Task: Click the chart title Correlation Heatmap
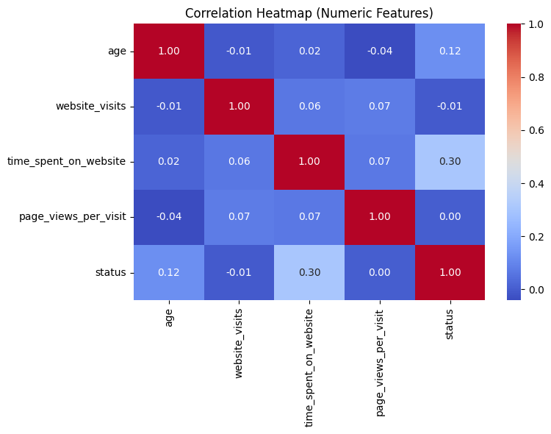[309, 13]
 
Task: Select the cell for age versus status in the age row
[450, 51]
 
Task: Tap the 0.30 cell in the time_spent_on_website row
[450, 162]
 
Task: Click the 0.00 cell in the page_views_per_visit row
[450, 217]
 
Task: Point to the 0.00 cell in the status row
[379, 272]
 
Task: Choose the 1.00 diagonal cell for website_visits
[239, 107]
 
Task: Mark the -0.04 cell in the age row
[379, 51]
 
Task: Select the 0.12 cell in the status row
[168, 272]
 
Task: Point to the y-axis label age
[117, 51]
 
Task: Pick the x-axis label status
[450, 324]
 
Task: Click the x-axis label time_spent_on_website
[309, 366]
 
